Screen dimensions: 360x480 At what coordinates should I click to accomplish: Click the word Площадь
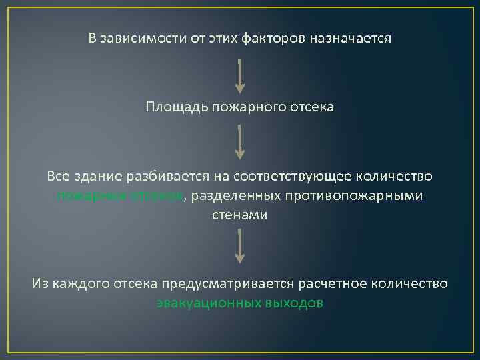(177, 107)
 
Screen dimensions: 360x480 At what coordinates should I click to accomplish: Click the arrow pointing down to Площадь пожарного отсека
(240, 75)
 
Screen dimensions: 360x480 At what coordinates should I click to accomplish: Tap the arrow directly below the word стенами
(240, 247)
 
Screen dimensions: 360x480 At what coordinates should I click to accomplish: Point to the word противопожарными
(353, 196)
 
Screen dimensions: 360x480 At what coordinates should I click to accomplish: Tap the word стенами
(240, 215)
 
